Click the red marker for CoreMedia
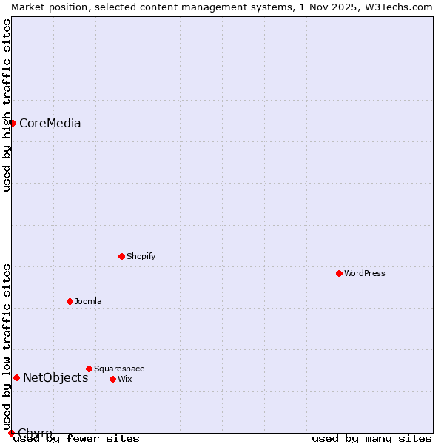[13, 123]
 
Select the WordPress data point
[339, 273]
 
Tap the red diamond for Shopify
[121, 256]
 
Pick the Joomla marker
[70, 301]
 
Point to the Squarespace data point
[89, 369]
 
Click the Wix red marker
[112, 379]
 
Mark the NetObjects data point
[16, 377]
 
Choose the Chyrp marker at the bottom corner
[11, 433]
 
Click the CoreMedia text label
[50, 124]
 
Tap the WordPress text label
[365, 273]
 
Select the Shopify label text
[141, 256]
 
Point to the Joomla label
[88, 301]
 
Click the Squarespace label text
[119, 369]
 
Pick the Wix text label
[124, 379]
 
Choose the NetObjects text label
[55, 378]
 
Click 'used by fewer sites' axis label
[76, 439]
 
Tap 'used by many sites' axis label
[371, 439]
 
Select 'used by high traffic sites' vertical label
[7, 105]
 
